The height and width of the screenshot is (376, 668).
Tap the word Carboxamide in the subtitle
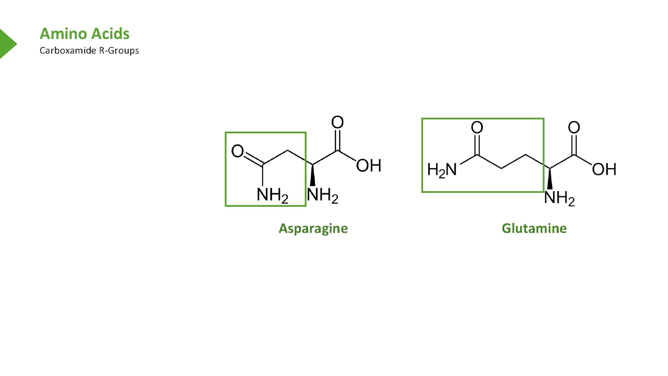point(67,50)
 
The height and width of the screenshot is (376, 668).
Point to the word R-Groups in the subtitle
point(119,51)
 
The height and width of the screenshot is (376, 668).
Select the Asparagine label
point(313,228)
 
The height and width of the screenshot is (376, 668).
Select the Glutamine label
point(534,228)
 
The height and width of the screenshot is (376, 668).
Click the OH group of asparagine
point(368,166)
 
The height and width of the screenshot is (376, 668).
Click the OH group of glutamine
point(604,170)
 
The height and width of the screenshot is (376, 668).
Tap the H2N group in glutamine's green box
point(442,170)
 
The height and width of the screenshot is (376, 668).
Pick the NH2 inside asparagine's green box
point(272,195)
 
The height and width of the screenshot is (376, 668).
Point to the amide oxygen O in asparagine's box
point(238,151)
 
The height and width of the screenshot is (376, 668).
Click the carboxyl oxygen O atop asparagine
point(337,122)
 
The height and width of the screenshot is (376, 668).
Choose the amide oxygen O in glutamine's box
point(477,127)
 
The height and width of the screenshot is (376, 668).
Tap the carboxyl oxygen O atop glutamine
point(574,127)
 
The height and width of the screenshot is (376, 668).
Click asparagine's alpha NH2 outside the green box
point(323,195)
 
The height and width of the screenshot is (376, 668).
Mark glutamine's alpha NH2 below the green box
point(559,198)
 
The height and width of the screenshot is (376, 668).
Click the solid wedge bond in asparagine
point(312,175)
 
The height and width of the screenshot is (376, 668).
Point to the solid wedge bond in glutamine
point(550,179)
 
